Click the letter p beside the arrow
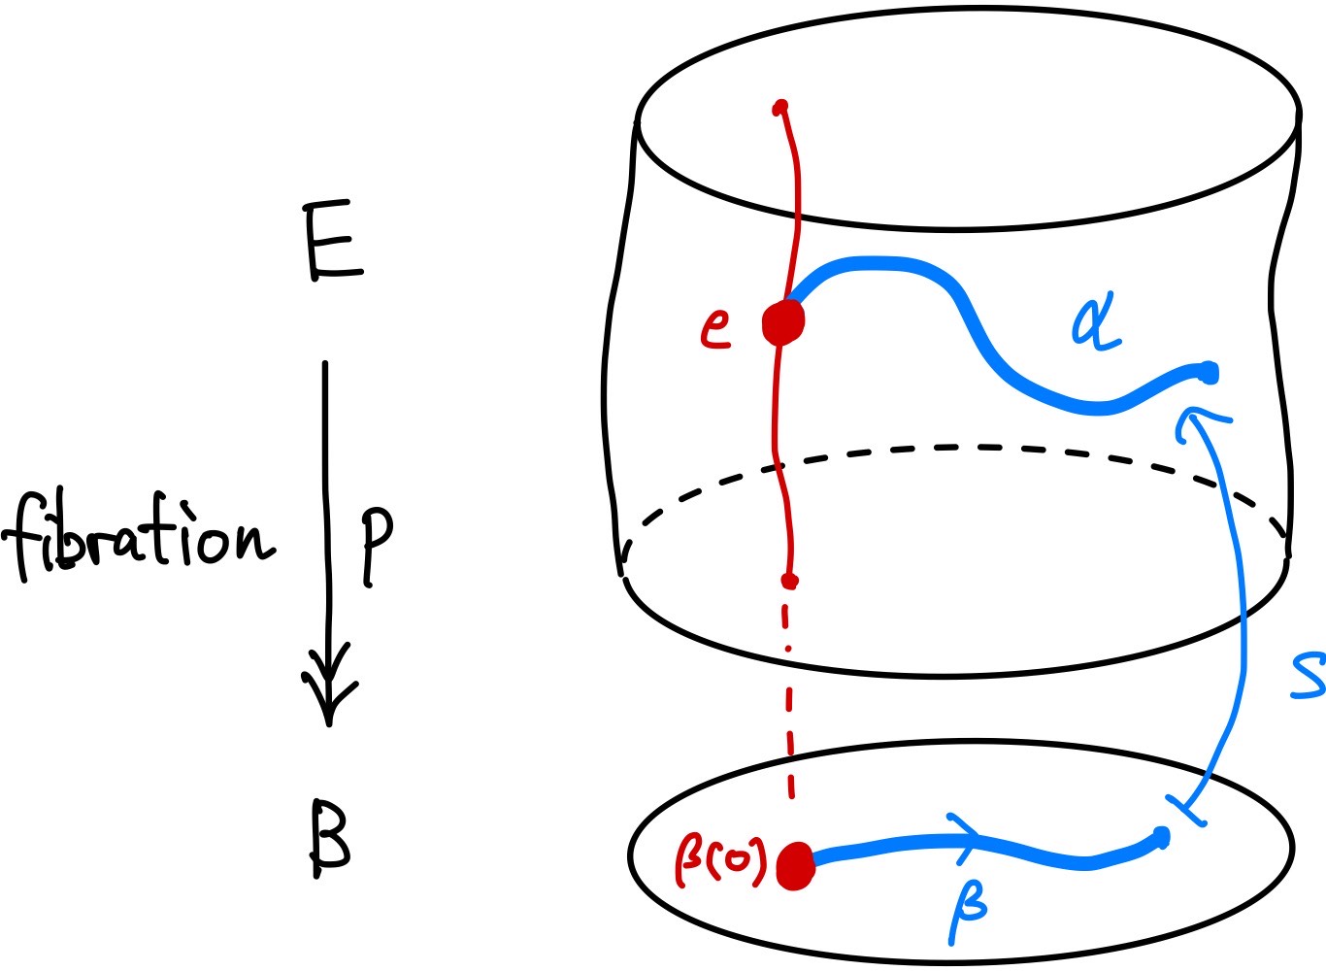[x=376, y=544]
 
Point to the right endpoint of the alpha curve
[x=1208, y=371]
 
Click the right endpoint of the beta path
[x=1160, y=836]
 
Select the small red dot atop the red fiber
[x=779, y=106]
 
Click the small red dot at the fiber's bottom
[x=789, y=581]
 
